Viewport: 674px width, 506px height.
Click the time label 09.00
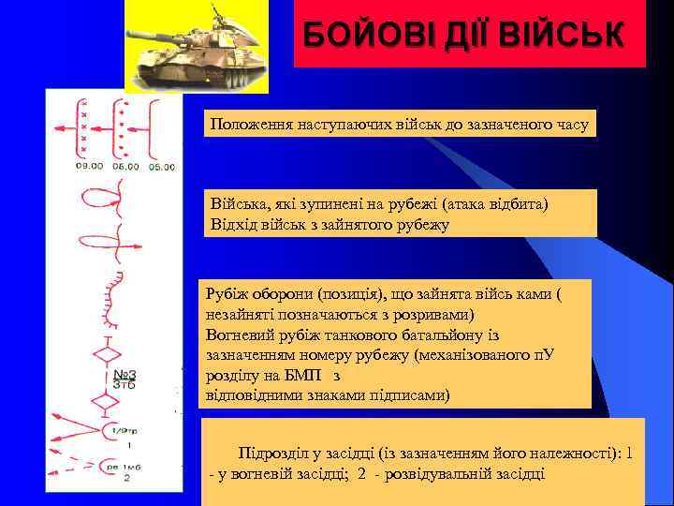click(x=90, y=166)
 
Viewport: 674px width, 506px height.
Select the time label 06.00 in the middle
click(x=125, y=166)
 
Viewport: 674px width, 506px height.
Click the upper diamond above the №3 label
click(x=108, y=355)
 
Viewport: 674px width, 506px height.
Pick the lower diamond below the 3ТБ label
click(x=108, y=401)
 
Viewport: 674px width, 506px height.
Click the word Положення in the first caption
click(x=245, y=125)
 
